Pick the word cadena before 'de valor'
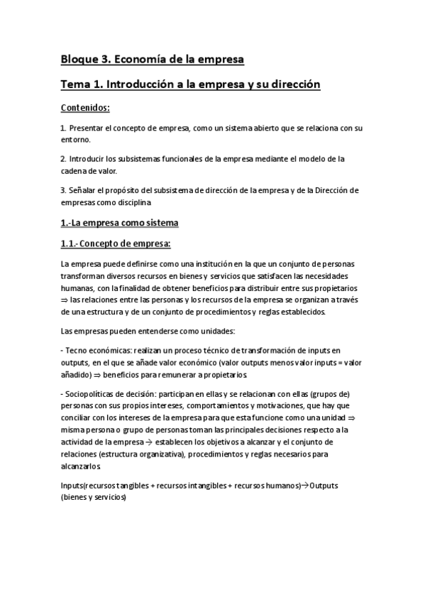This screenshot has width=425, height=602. coord(76,171)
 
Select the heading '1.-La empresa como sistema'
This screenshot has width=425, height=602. coord(119,224)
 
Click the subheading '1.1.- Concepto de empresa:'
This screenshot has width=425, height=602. coord(116,245)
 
